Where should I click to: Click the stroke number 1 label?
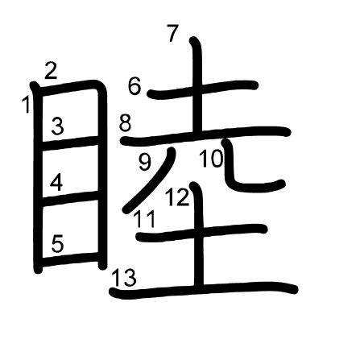[x=26, y=105]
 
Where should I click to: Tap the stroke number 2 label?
[x=51, y=71]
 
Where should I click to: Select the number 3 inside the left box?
[x=58, y=126]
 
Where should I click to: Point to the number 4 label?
[x=56, y=182]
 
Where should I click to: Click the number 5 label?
[x=57, y=244]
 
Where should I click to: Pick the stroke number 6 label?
[x=134, y=86]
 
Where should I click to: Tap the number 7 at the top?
[x=172, y=33]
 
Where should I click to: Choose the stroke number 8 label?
[x=125, y=123]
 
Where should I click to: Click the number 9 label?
[x=145, y=162]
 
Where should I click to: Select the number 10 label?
[x=212, y=159]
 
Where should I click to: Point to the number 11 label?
[x=145, y=219]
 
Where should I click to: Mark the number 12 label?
[x=177, y=197]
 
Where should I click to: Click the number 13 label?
[x=124, y=277]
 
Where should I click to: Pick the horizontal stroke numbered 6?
[x=203, y=89]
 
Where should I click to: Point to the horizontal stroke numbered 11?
[x=201, y=233]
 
